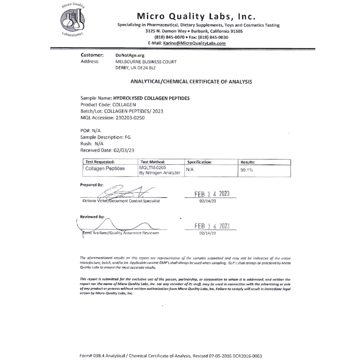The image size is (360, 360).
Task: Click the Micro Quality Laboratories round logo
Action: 72,21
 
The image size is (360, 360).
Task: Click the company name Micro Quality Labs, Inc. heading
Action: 196,17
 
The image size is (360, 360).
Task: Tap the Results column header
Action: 248,162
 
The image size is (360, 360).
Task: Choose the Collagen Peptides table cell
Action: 105,169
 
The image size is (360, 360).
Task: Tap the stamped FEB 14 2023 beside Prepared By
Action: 212,194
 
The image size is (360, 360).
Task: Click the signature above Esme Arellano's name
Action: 119,226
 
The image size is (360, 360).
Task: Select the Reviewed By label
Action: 92,217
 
